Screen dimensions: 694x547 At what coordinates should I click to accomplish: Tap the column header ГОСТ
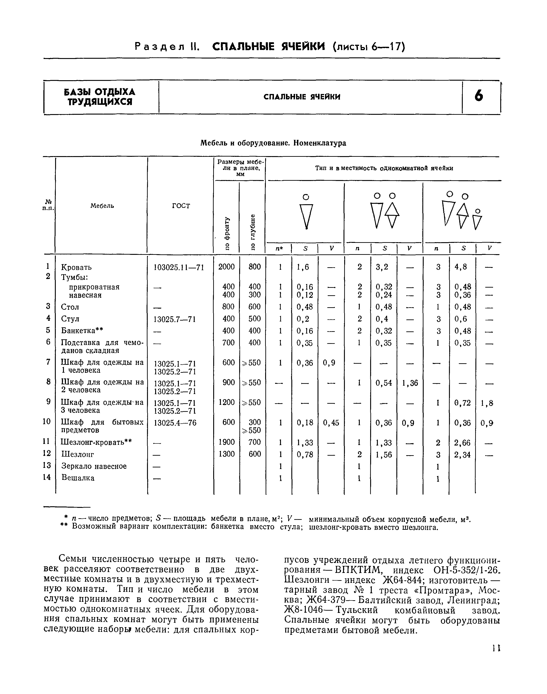coord(181,206)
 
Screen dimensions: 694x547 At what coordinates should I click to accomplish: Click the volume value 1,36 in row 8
coord(410,383)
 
